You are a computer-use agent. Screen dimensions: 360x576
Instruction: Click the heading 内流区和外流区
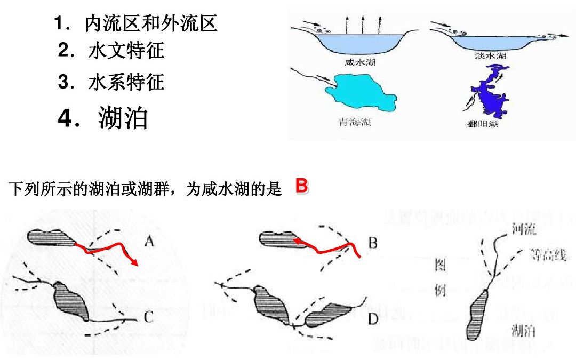click(151, 23)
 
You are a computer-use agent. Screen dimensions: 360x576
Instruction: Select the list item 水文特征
click(126, 51)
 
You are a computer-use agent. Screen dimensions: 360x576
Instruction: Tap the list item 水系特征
click(126, 82)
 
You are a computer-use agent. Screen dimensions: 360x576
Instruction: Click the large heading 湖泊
click(123, 118)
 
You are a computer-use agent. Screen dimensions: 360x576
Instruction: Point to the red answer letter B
click(301, 187)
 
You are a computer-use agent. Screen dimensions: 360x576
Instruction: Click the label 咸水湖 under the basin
click(360, 62)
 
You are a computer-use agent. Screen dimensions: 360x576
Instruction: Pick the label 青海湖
click(354, 122)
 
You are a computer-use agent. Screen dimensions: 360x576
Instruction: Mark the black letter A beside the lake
click(149, 243)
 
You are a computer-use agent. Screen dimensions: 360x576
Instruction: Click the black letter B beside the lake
click(372, 244)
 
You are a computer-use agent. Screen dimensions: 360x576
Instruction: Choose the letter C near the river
click(149, 317)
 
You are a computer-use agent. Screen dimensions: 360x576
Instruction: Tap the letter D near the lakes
click(372, 318)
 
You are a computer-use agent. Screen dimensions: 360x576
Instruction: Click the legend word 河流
click(523, 229)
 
